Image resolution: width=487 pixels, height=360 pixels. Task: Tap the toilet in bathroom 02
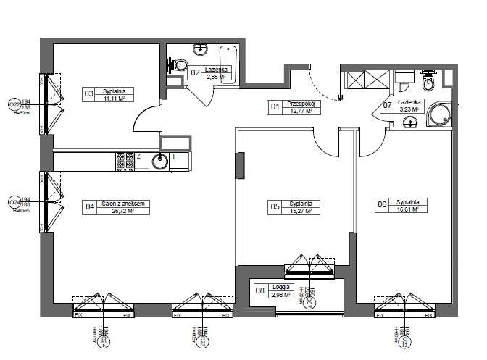pos(175,64)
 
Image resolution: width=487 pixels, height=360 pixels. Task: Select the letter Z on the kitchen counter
pos(138,156)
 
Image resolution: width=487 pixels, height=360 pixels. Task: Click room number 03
pos(89,93)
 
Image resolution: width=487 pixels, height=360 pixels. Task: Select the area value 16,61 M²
pos(409,209)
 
